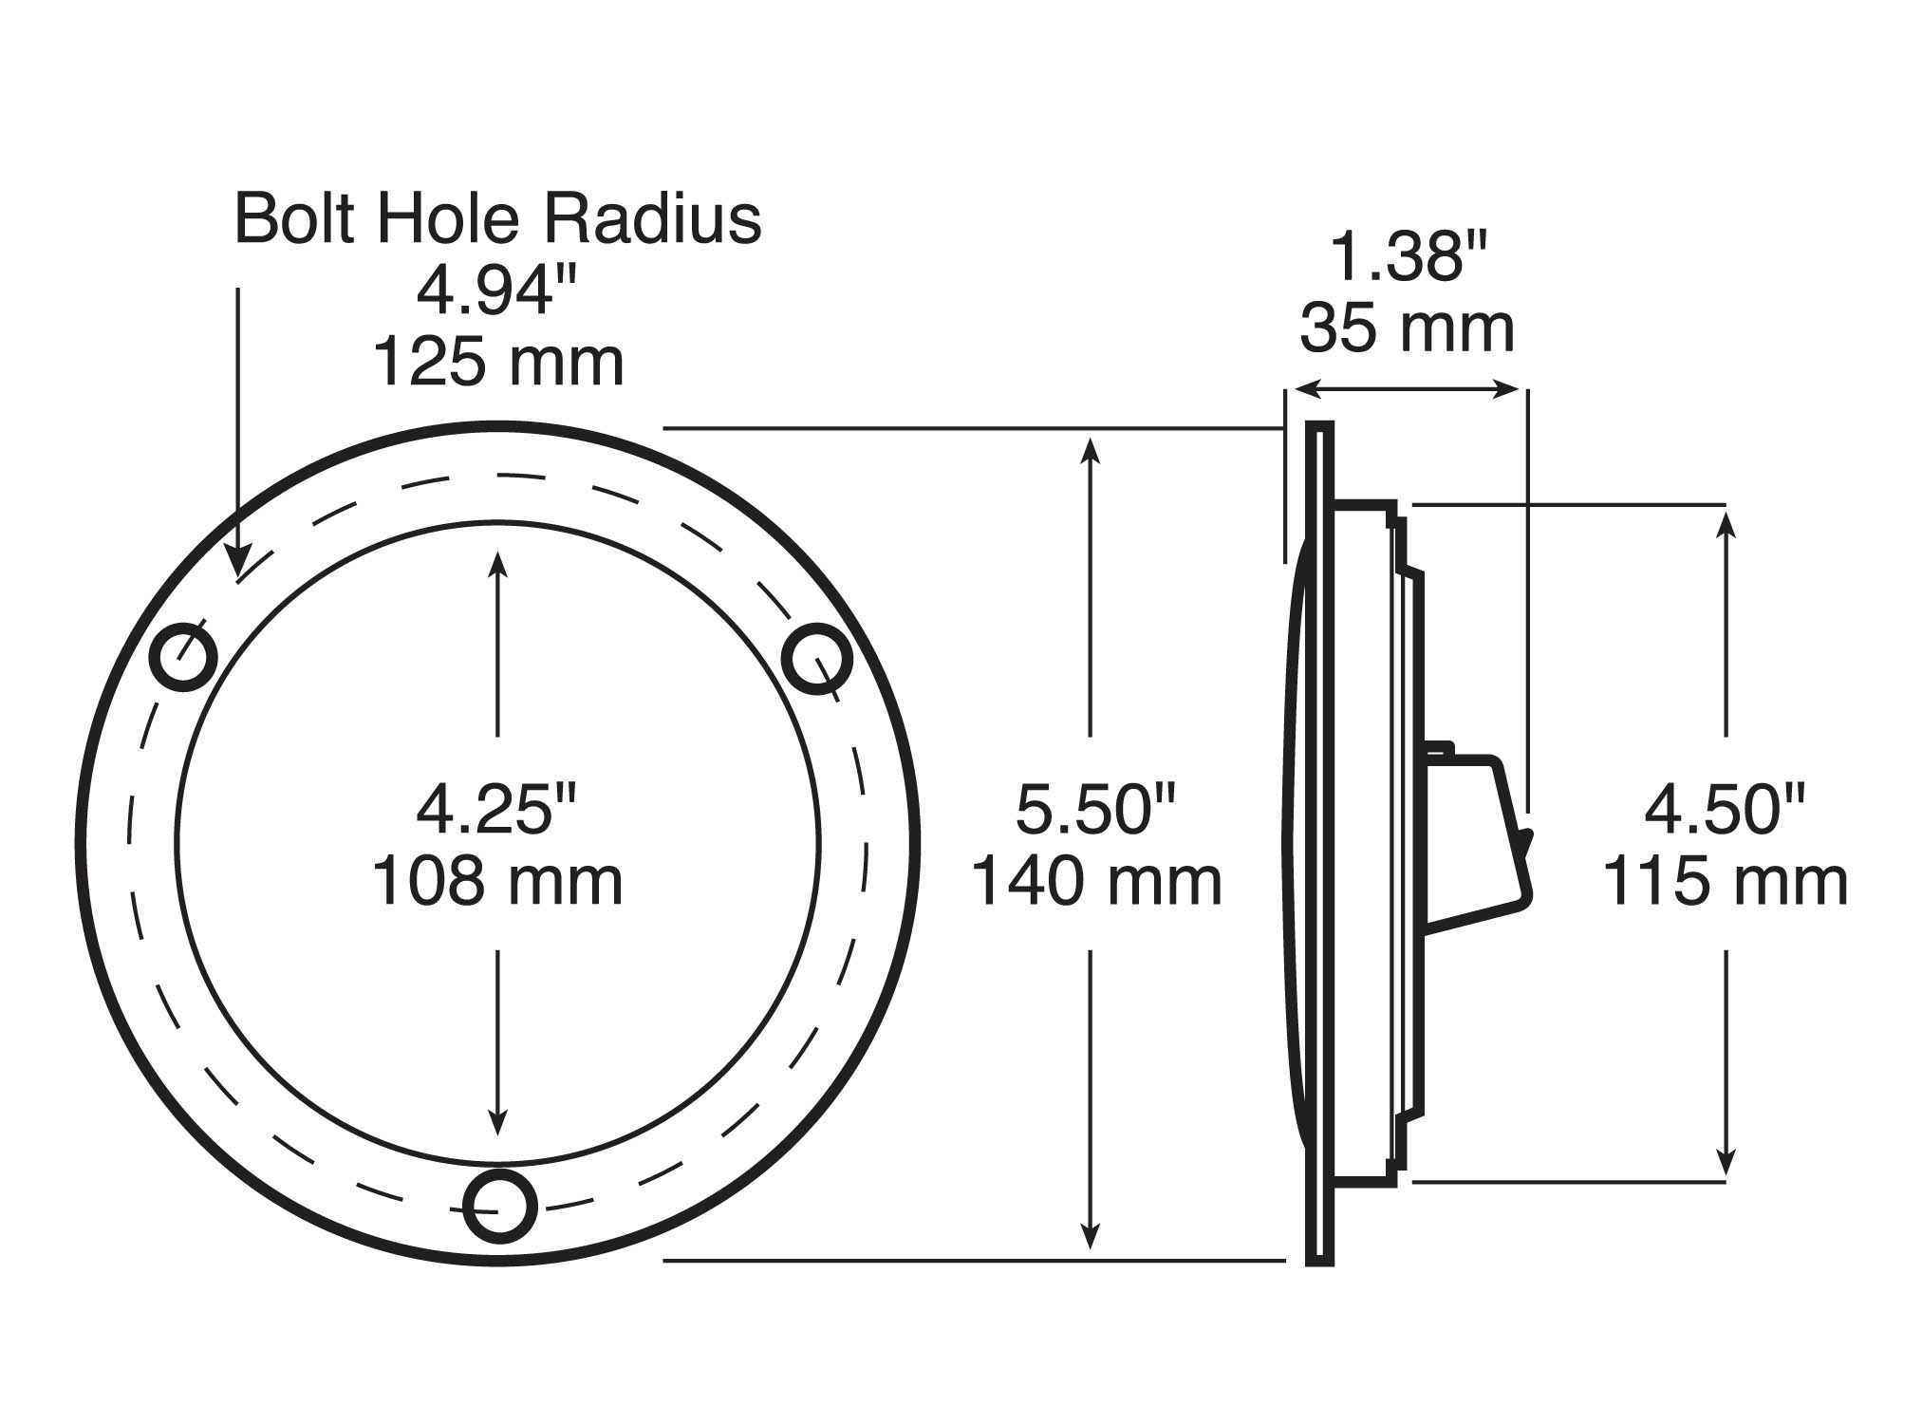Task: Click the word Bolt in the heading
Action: [294, 219]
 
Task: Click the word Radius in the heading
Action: [651, 219]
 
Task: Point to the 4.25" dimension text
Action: [497, 810]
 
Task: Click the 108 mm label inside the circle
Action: [497, 881]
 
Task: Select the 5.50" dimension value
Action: [1095, 810]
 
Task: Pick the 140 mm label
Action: [1095, 881]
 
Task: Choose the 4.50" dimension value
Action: [1725, 810]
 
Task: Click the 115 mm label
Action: [1725, 881]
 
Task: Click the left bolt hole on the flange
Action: [185, 656]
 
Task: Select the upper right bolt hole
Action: [817, 658]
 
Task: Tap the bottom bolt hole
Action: [500, 1206]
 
